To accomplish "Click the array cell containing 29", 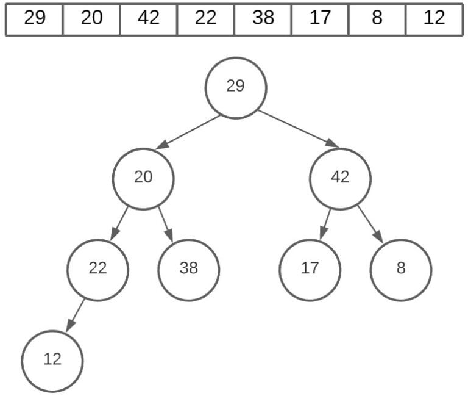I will point(35,19).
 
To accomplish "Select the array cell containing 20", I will point(91,19).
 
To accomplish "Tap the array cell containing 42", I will point(149,19).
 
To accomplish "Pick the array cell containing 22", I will point(206,19).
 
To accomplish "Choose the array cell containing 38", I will point(263,19).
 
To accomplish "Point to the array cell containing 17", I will point(320,19).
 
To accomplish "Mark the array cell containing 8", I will point(377,19).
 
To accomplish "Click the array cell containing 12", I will point(434,19).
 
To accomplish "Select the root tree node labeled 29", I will point(235,87).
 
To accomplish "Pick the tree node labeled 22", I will point(97,269).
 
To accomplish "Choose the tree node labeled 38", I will point(189,269).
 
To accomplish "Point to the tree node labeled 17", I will point(310,269).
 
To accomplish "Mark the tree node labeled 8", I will point(401,269).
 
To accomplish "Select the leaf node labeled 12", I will point(52,361).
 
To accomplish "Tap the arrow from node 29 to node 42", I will point(299,129).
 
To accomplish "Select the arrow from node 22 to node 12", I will point(74,315).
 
